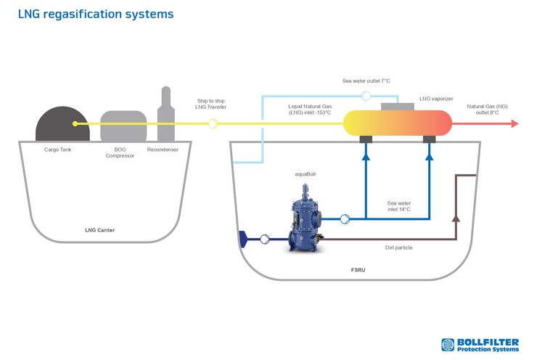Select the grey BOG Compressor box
tap(123, 126)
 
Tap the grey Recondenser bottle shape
tap(166, 114)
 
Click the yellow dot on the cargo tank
tap(75, 123)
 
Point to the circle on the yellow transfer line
tap(213, 123)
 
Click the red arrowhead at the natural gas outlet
tap(515, 123)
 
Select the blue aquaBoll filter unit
tap(306, 219)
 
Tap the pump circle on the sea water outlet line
tap(366, 97)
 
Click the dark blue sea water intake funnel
tap(243, 239)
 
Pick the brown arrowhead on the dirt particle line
tap(456, 218)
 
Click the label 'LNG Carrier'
tap(99, 230)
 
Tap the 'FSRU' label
tap(358, 270)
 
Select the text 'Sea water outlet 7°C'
tap(366, 81)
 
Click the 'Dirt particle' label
tap(398, 247)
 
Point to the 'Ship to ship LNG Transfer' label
tap(210, 104)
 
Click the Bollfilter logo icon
tap(448, 345)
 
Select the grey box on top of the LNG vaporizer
tap(398, 107)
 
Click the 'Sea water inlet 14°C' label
tap(399, 206)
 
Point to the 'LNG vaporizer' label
tap(436, 99)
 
